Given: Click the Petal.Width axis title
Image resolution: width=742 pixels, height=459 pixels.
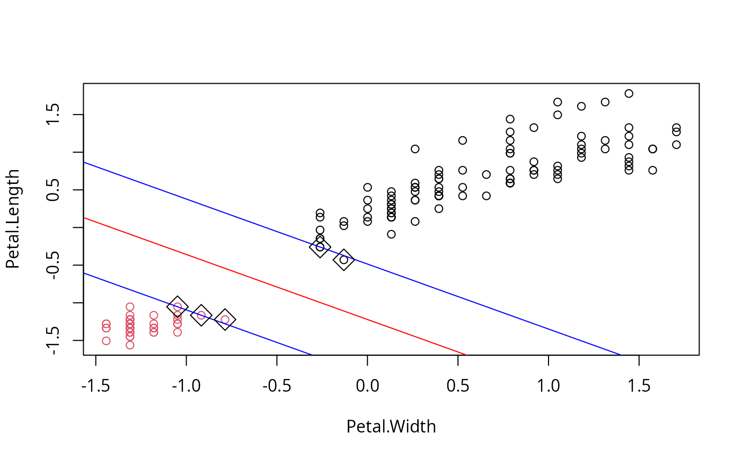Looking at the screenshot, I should (391, 427).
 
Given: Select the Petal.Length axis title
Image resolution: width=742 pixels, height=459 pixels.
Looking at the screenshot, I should (12, 219).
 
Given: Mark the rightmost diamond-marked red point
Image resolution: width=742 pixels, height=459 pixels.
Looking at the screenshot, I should (225, 319).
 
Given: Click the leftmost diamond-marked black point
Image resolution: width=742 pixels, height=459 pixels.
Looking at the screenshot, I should (320, 247).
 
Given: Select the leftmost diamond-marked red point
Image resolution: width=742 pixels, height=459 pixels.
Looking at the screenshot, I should (178, 306).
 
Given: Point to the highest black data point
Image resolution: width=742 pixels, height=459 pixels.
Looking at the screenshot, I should (629, 93).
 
